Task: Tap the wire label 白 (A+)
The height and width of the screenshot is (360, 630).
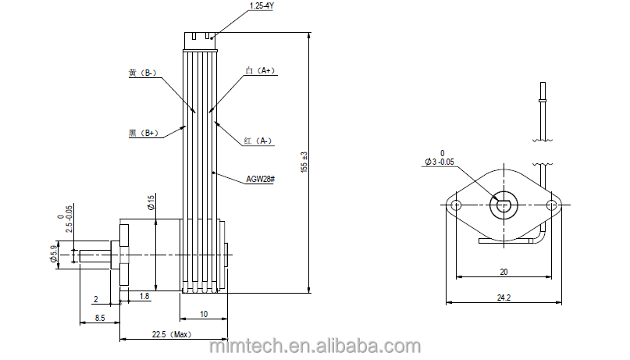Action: [259, 70]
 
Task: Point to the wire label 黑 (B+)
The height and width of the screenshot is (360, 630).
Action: [143, 134]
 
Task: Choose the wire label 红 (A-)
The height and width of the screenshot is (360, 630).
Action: [258, 141]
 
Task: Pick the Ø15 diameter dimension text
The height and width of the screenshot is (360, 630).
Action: [151, 204]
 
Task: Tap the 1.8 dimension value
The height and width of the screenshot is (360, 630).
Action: [145, 297]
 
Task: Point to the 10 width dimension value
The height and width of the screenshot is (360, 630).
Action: [203, 314]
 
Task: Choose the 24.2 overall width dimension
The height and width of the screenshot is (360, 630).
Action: [503, 298]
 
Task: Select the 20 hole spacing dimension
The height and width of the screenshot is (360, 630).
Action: [504, 272]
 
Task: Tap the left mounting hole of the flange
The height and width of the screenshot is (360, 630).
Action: [456, 205]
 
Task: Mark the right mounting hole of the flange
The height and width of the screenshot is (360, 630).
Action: [552, 205]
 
